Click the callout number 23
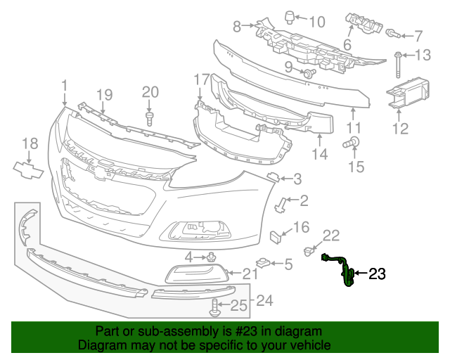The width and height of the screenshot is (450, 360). pos(378,274)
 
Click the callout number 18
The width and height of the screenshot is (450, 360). pos(29,144)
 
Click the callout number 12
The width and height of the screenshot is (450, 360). pos(400,129)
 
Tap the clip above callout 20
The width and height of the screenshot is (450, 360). pos(150,116)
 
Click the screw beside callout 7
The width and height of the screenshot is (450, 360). pos(392,33)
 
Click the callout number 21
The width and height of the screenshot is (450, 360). pos(251,274)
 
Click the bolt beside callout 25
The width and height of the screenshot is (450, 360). pos(214,306)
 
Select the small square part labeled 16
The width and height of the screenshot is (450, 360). pos(276,234)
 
